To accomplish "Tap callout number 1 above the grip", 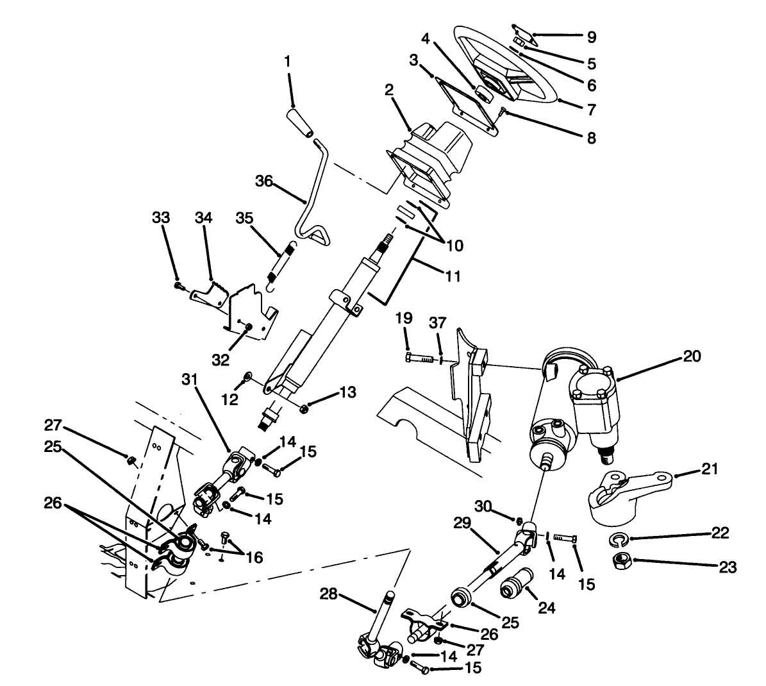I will point(288,62).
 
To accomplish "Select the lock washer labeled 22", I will point(616,537).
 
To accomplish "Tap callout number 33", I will point(161,218).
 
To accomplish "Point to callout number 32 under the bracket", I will point(220,360).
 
